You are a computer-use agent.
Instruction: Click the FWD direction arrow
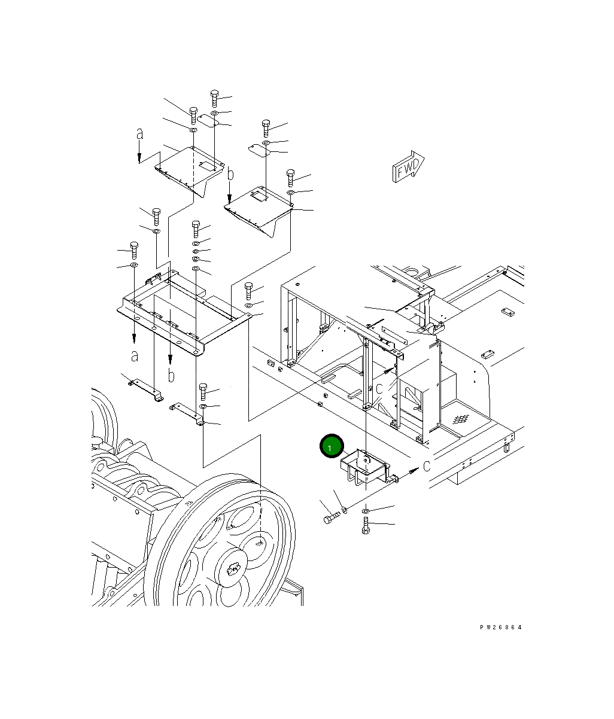(408, 167)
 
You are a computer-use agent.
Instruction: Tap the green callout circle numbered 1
(332, 446)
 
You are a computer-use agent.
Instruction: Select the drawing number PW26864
(500, 627)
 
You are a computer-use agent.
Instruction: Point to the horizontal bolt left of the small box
(332, 519)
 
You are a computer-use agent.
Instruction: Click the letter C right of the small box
(427, 466)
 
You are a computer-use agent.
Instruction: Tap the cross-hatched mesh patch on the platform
(461, 419)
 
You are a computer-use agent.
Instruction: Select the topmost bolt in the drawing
(214, 99)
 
